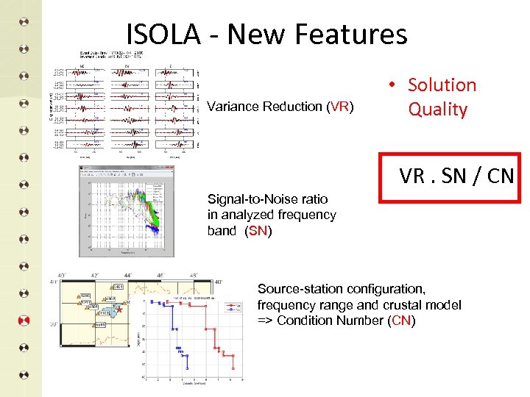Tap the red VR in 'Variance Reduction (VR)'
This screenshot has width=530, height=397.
click(x=339, y=107)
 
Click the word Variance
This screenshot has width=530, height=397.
click(x=233, y=107)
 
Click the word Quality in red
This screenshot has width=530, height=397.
click(x=438, y=110)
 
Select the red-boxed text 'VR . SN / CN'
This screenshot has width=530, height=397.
click(x=448, y=176)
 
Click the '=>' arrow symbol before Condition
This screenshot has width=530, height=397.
click(x=265, y=321)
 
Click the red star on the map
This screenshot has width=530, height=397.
click(x=119, y=312)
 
